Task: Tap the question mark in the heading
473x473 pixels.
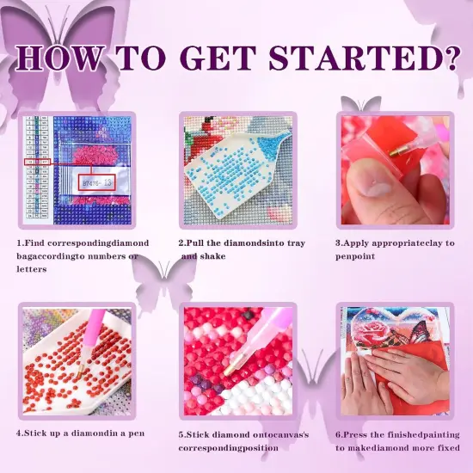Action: tap(451, 58)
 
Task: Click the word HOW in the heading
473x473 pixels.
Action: tap(60, 58)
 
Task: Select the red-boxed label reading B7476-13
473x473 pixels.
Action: tap(97, 182)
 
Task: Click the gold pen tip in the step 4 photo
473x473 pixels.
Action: tap(80, 371)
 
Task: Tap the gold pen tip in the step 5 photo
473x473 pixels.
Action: tap(231, 365)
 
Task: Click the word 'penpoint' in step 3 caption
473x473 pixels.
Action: tap(355, 256)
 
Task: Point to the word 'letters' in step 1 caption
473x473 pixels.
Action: tap(31, 269)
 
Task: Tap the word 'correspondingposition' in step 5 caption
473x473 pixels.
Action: tap(229, 448)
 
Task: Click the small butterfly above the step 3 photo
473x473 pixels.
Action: tap(361, 104)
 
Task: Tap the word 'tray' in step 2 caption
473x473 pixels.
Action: tap(296, 243)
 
